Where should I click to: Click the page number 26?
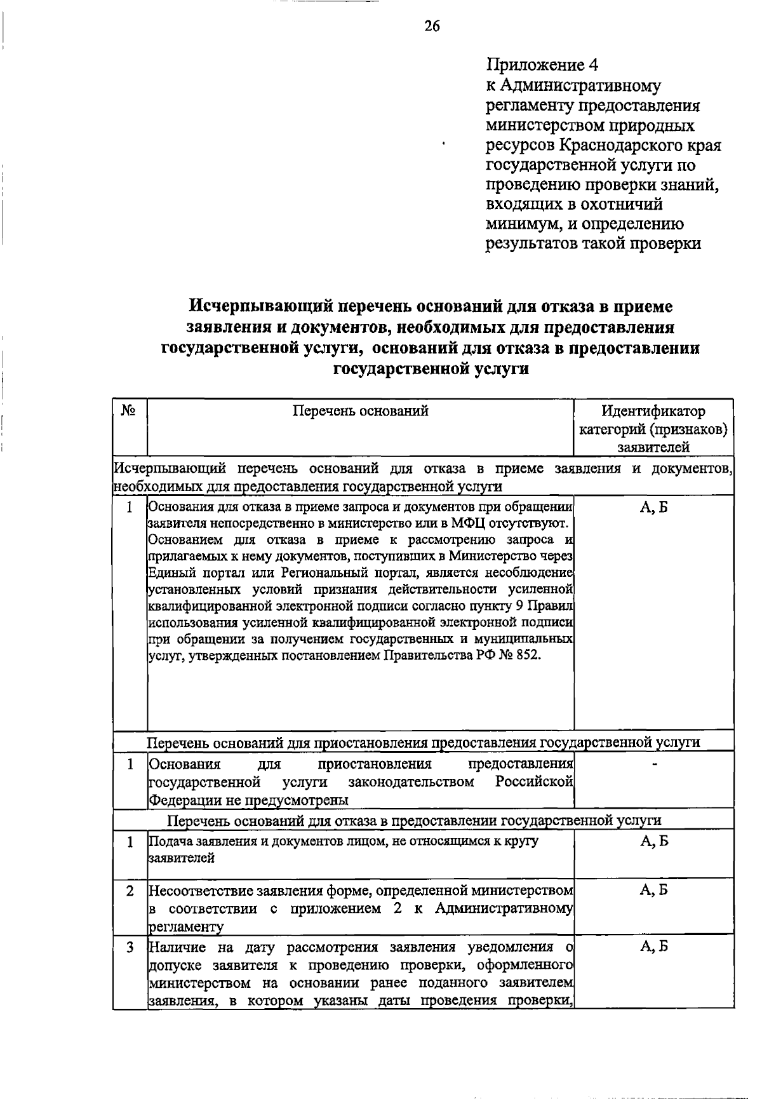tap(432, 26)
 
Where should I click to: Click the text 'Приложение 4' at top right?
tap(542, 65)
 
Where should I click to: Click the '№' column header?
tap(129, 411)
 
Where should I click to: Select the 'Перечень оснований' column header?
tap(360, 411)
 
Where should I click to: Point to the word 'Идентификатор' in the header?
tap(653, 411)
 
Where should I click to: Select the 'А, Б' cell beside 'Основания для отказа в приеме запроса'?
tap(653, 507)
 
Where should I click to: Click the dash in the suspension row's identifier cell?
tap(654, 763)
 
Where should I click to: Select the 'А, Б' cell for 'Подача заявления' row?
tap(653, 841)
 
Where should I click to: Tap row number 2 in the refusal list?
tap(130, 891)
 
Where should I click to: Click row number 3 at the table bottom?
tap(130, 948)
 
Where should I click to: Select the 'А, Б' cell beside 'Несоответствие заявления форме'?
tap(653, 891)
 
